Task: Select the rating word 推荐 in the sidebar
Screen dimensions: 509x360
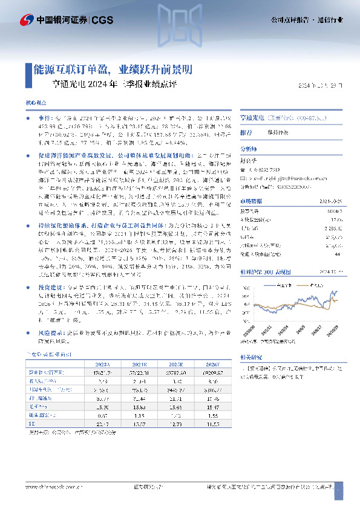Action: [246, 132]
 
